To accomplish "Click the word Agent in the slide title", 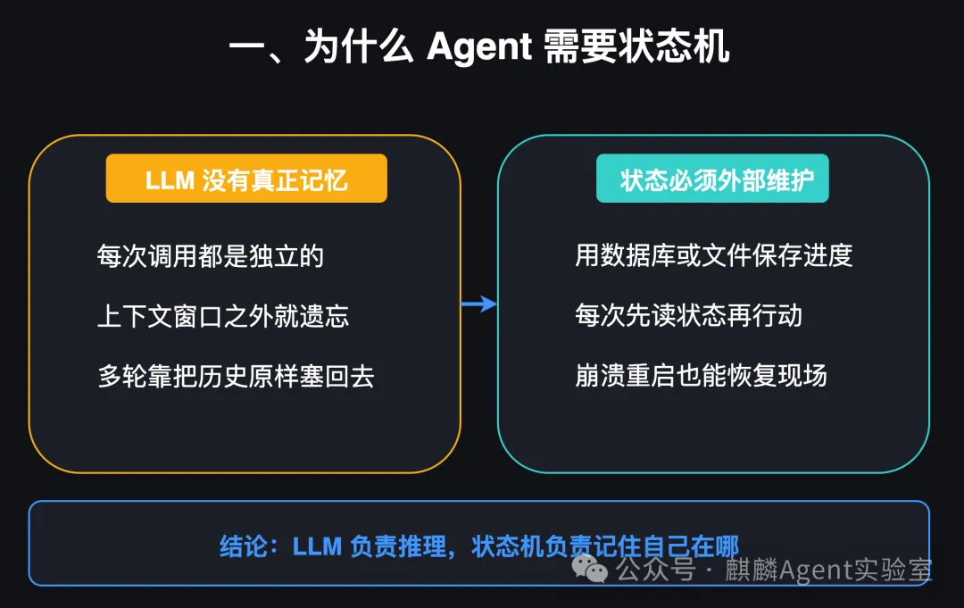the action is [x=479, y=47].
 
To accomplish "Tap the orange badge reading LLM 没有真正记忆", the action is [x=246, y=179].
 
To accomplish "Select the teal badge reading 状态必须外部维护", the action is [x=712, y=179].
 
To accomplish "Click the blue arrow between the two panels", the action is [x=479, y=304].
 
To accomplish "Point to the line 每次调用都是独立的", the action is [x=211, y=255].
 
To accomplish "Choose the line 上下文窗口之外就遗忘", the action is [x=223, y=316].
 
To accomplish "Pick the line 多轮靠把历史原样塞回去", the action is [x=236, y=376].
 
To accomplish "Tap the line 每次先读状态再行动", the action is [x=688, y=315].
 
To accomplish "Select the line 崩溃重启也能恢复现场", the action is [x=701, y=375].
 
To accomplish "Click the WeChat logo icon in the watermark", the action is [x=590, y=569].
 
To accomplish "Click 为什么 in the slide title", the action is [x=359, y=46].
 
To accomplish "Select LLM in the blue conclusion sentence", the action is [x=317, y=546].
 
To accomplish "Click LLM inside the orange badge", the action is [x=170, y=180].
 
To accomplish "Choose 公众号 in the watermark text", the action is [x=656, y=570].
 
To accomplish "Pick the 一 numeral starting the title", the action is [x=246, y=47].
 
